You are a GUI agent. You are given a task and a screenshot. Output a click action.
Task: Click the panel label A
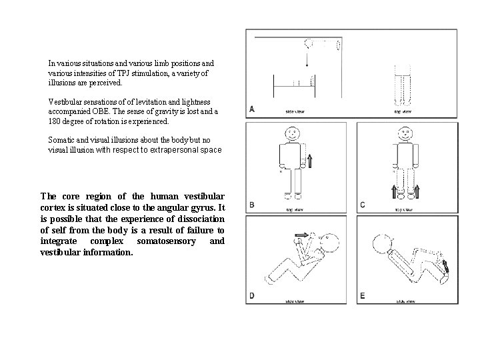click(251, 109)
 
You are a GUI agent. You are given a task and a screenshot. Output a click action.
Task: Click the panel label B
click(251, 205)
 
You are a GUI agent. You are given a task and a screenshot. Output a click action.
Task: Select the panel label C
click(363, 205)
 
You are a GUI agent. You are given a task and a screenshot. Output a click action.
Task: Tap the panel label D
click(251, 295)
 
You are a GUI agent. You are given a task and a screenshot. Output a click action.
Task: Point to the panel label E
click(363, 295)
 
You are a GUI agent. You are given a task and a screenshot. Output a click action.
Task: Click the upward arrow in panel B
click(309, 161)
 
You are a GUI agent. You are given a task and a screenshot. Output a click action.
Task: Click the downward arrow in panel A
click(306, 61)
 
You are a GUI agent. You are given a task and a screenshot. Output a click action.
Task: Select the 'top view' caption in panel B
click(295, 209)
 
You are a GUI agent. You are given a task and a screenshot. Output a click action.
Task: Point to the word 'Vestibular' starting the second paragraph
click(63, 101)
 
